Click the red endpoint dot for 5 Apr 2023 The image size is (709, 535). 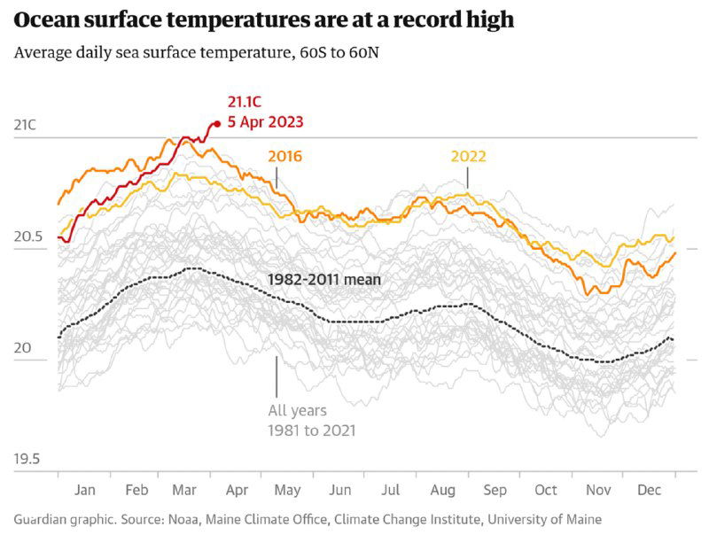click(217, 124)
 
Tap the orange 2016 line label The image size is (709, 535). click(284, 157)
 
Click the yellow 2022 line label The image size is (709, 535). click(468, 157)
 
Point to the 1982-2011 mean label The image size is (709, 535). click(324, 280)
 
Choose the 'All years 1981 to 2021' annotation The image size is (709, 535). click(311, 421)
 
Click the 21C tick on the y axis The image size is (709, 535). click(26, 125)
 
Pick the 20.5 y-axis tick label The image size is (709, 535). click(29, 236)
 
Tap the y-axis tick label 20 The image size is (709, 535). click(22, 348)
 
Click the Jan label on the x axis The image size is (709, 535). click(85, 490)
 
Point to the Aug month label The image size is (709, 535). click(443, 490)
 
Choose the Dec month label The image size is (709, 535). click(651, 490)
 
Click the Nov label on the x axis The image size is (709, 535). click(598, 490)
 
